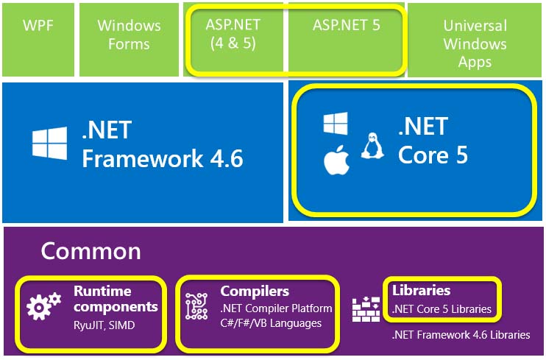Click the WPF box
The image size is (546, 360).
38,39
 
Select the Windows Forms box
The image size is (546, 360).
129,39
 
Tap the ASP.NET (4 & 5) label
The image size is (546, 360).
233,34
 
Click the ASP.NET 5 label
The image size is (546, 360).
346,25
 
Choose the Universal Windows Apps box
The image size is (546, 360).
475,40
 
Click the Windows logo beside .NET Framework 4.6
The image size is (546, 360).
50,144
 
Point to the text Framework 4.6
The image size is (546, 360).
163,158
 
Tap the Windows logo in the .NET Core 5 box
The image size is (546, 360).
336,124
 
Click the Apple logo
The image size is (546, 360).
336,160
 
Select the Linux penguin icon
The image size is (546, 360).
372,146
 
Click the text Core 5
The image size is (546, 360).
433,155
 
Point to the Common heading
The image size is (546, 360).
91,251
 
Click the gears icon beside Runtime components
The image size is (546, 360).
43,306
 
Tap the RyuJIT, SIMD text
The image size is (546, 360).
104,325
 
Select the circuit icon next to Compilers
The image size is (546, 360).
196,306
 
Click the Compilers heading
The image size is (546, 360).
255,292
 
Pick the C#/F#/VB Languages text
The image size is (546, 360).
271,323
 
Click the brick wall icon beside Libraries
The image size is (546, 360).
366,309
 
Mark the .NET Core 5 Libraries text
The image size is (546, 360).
442,309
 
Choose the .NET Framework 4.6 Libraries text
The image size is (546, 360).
461,335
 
